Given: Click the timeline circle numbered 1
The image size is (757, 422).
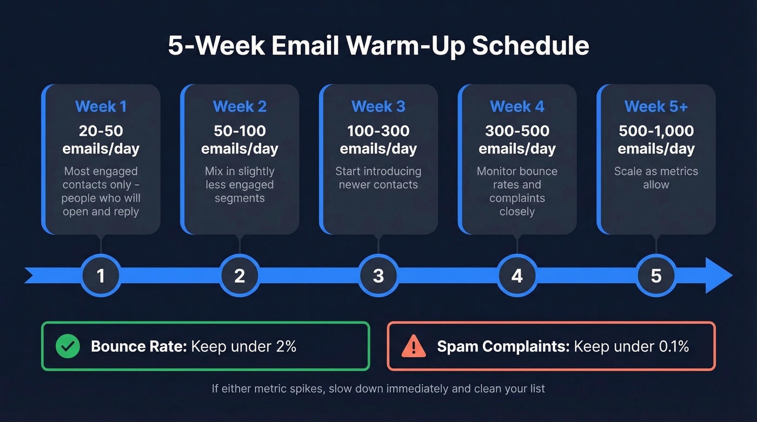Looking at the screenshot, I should [101, 276].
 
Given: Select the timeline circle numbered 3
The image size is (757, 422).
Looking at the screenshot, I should [378, 276].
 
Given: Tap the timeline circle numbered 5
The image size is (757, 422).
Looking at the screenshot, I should [656, 276].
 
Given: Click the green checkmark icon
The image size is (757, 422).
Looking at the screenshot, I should [68, 346].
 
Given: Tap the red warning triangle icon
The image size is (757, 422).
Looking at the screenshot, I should [414, 346].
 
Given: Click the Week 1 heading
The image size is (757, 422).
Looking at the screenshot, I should [101, 107].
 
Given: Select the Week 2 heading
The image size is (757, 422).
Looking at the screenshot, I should [240, 107].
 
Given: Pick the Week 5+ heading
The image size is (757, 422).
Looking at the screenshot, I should [656, 107].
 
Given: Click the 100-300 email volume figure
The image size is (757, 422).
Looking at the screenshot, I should [378, 131].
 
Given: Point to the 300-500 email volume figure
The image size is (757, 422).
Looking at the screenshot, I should [517, 131].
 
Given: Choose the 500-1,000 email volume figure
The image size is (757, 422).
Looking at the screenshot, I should [656, 131].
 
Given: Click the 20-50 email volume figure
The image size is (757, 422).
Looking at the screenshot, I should [101, 131].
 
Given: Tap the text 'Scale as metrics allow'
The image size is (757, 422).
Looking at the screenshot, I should [656, 178].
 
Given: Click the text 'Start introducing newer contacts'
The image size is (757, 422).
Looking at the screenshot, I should [378, 178].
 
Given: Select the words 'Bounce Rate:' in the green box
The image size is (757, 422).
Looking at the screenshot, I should [139, 346].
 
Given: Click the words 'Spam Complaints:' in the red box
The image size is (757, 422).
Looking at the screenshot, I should [503, 346].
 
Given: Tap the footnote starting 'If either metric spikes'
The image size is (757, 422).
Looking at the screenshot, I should [378, 388].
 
